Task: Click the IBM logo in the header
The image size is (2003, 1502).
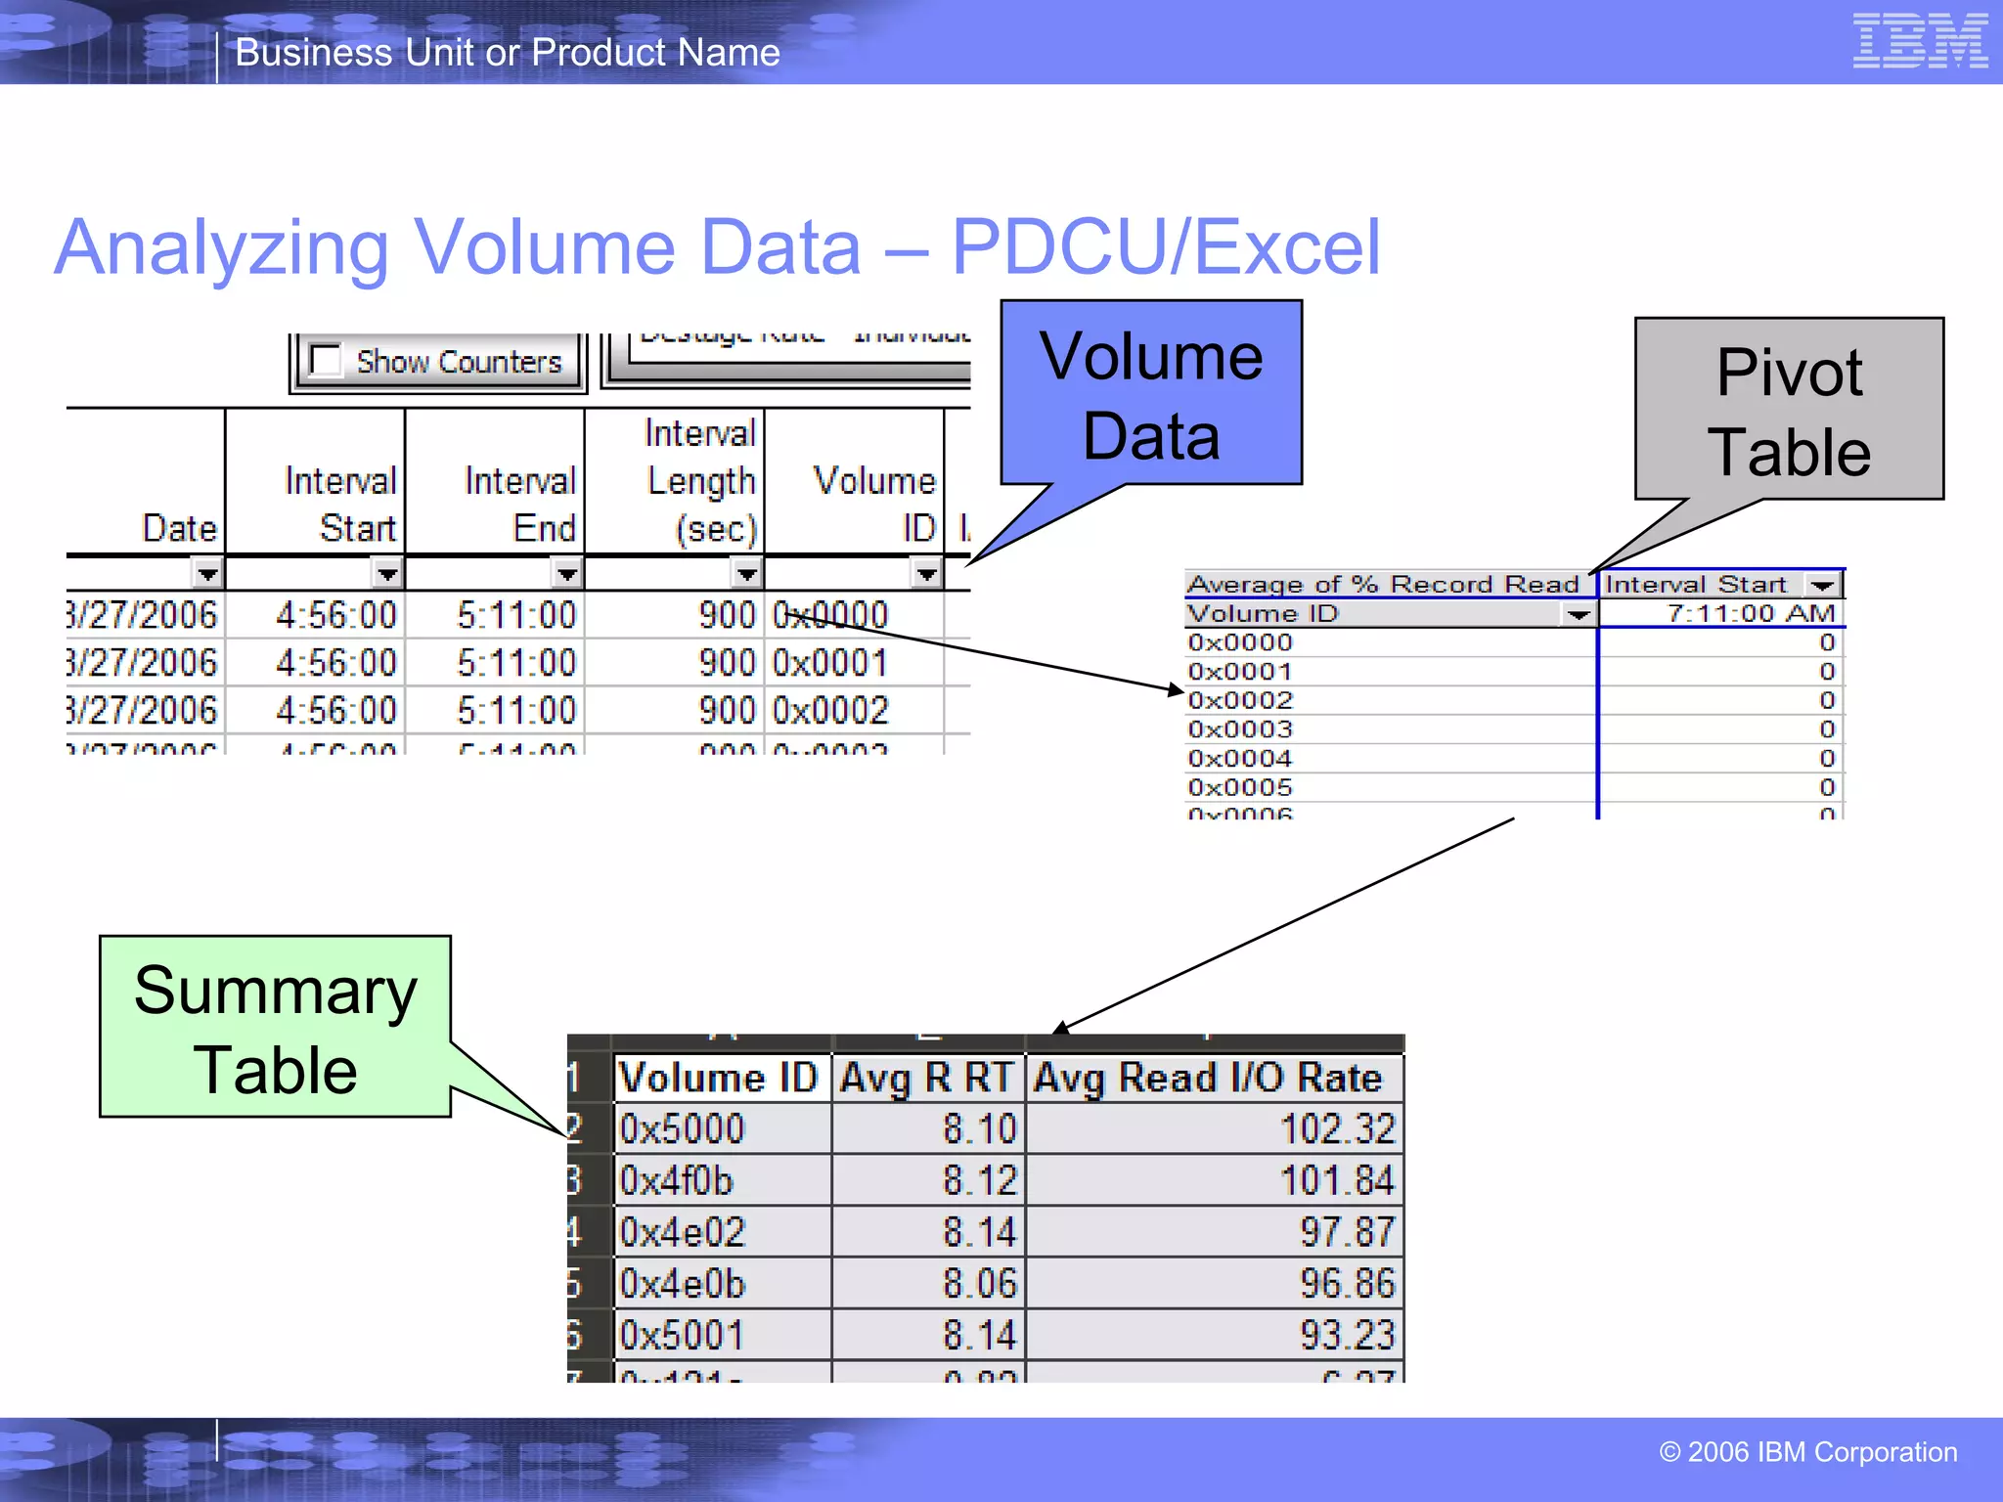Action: coord(1920,41)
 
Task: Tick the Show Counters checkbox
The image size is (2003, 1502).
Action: coord(326,360)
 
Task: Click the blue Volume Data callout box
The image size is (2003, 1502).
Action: coord(1151,393)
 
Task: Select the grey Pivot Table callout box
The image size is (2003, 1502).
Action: coord(1789,410)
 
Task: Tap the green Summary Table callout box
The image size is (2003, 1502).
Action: coord(275,1027)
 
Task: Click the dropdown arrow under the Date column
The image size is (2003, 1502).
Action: coord(207,573)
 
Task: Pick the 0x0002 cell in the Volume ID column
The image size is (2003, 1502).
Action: coord(830,711)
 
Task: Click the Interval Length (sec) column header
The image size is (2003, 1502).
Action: coord(701,481)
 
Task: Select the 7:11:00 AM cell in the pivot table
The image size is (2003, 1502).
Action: coord(1750,613)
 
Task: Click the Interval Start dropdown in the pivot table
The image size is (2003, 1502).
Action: coord(1821,585)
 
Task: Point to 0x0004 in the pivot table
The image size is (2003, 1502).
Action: coord(1239,758)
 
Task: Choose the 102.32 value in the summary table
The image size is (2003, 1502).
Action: coord(1336,1129)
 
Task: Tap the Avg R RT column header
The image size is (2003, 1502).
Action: coord(926,1078)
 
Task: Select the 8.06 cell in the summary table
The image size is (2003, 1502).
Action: coord(979,1284)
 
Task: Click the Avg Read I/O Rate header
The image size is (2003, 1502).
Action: coord(1208,1078)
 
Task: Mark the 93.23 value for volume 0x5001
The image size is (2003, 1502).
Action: coord(1346,1336)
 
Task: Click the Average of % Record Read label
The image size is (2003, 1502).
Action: coord(1383,585)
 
